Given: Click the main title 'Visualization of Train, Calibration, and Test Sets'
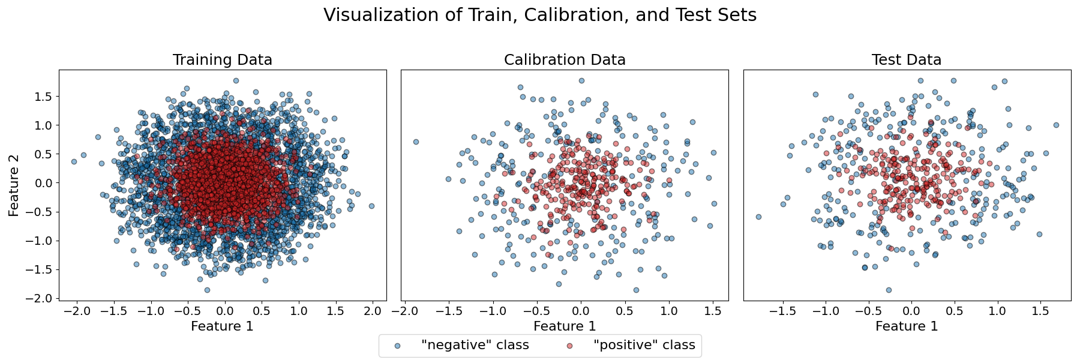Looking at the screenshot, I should (x=540, y=15).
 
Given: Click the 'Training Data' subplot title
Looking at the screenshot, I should (x=222, y=60).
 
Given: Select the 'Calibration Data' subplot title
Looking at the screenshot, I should (x=565, y=60).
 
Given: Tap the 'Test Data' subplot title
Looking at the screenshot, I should (x=906, y=60).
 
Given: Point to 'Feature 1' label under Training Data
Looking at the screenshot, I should (x=222, y=326).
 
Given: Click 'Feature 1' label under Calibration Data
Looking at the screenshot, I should (x=565, y=326).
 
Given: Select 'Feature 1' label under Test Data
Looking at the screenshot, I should (x=906, y=326).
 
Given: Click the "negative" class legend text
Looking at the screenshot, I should (x=475, y=345).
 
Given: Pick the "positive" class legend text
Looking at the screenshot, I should (x=644, y=345).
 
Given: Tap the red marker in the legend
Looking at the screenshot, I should (x=569, y=346).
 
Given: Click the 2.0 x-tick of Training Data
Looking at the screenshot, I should (x=372, y=311).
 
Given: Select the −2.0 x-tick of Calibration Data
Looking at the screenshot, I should (x=404, y=311).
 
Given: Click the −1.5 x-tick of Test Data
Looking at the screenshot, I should (x=782, y=311).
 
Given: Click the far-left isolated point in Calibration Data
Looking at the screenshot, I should (x=415, y=142).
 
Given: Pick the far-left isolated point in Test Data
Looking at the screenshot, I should (x=758, y=217).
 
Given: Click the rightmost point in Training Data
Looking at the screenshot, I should (x=371, y=206).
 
